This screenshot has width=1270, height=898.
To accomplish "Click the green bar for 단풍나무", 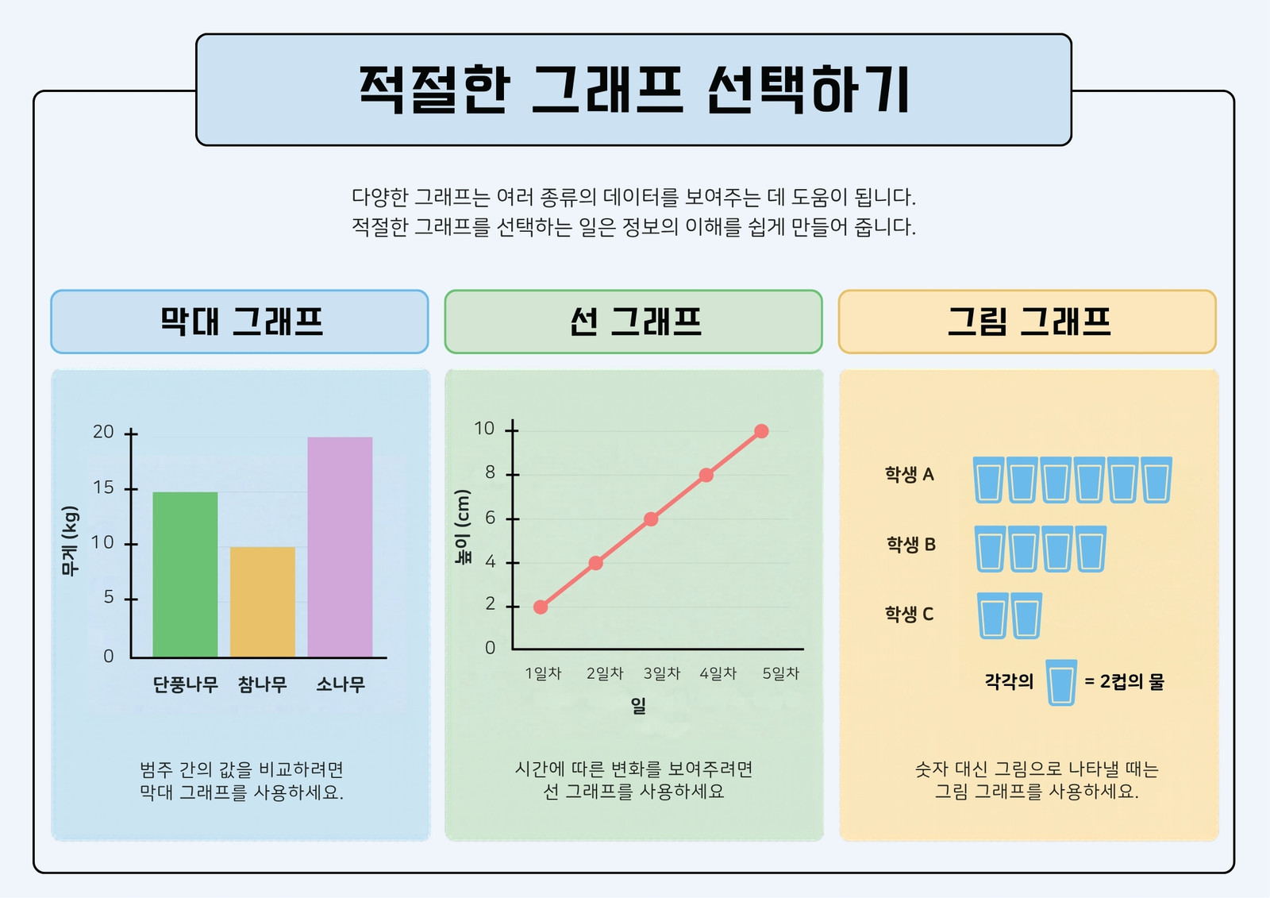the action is (185, 575).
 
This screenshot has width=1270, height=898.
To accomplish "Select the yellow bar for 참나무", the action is (263, 603).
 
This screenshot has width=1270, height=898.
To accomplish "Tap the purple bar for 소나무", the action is (340, 547).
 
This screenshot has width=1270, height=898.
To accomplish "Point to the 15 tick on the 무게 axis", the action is (131, 489).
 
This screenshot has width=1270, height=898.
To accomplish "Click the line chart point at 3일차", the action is (651, 519).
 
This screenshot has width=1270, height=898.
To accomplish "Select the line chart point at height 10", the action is (761, 431).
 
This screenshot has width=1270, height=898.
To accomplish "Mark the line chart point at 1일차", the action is (541, 607).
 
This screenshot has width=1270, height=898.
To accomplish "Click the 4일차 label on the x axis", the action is (718, 673).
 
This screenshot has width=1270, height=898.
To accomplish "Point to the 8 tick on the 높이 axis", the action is (513, 475).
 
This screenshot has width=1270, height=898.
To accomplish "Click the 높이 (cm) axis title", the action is (464, 527).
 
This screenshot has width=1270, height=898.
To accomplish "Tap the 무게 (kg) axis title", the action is (71, 541).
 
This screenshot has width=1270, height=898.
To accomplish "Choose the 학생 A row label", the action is (910, 474).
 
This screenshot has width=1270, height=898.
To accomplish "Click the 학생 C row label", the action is (909, 614).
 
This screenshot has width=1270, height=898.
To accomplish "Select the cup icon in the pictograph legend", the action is (1061, 683).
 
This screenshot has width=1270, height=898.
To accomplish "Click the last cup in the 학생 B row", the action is (1091, 549).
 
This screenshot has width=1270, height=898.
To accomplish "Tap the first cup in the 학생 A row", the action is (989, 480).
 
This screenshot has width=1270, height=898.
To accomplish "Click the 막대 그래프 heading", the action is (241, 322).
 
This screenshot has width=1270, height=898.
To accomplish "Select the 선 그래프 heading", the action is (636, 322).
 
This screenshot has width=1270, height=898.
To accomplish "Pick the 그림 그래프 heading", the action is (1029, 322).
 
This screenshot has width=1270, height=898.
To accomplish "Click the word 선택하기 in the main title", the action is (809, 89).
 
